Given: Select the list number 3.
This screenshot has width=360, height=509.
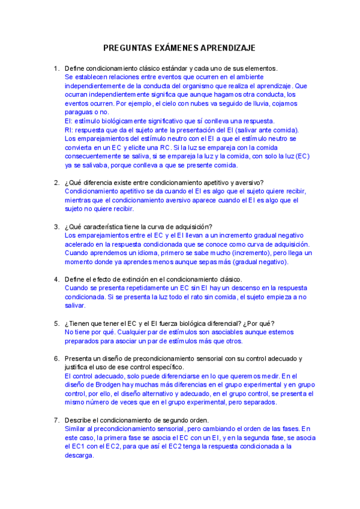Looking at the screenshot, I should point(56,227).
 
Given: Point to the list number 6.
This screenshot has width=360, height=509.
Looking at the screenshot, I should point(56,358).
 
